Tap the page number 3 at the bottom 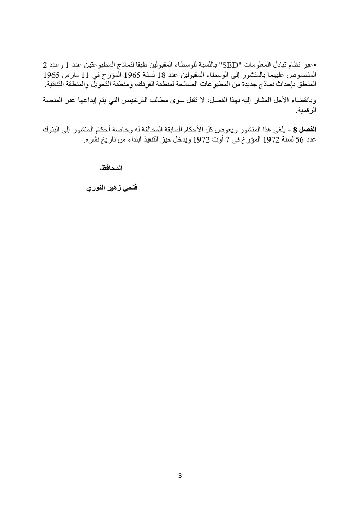180,475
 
